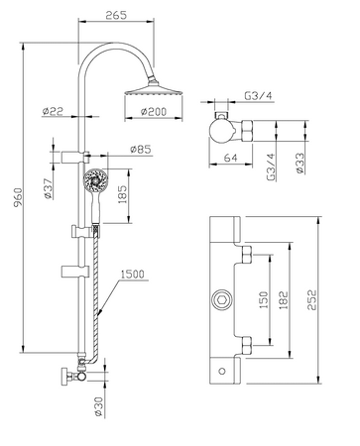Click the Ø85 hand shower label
[x=140, y=151]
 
